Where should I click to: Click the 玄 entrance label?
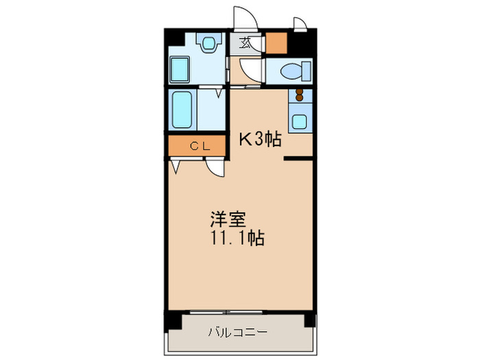pyautogui.click(x=245, y=43)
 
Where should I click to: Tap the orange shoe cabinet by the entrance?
pyautogui.click(x=277, y=43)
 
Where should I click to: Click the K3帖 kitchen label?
pyautogui.click(x=259, y=139)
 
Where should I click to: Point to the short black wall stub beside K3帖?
pyautogui.click(x=298, y=159)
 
